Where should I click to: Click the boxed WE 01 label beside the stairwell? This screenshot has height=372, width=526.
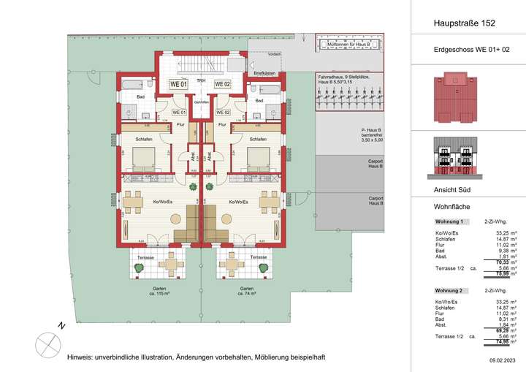[179, 84]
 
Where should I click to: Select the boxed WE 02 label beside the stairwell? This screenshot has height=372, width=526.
[222, 84]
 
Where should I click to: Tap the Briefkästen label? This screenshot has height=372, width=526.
[264, 75]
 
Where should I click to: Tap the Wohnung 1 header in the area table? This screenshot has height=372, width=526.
[450, 221]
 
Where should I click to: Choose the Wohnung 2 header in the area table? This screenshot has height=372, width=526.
[450, 290]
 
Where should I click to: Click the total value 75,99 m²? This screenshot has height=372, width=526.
[506, 274]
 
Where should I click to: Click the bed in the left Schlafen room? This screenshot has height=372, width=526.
[142, 159]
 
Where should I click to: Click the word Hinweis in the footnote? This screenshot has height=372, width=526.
[79, 357]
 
